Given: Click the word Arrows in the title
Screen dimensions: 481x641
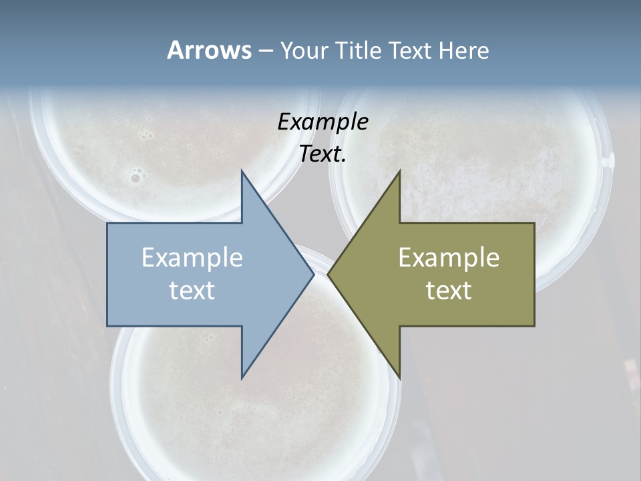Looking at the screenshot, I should [208, 50].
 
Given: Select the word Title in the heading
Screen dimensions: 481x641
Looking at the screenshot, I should [360, 51].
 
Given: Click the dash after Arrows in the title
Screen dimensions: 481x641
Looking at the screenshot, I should [265, 51].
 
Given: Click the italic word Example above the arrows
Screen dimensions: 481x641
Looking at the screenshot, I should [323, 122].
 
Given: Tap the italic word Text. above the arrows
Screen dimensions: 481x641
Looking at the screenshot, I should [323, 154].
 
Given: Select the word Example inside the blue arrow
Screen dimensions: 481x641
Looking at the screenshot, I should [192, 258].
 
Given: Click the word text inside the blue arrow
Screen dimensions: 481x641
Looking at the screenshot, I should [192, 291].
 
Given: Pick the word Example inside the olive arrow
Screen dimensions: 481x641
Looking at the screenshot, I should [449, 258].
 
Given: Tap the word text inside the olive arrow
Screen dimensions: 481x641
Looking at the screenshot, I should [449, 291].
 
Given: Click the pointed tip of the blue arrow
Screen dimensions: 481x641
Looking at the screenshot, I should [313, 275].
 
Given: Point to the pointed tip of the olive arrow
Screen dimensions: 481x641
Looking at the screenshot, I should [329, 275].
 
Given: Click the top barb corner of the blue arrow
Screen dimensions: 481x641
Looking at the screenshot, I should [242, 172].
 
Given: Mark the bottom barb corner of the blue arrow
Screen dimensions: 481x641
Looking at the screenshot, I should [242, 377].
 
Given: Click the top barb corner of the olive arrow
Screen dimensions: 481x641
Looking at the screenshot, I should [399, 172].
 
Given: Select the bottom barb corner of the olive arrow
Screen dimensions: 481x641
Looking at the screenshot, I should [399, 377].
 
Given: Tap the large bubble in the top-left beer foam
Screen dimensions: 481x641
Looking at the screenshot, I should [136, 178].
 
